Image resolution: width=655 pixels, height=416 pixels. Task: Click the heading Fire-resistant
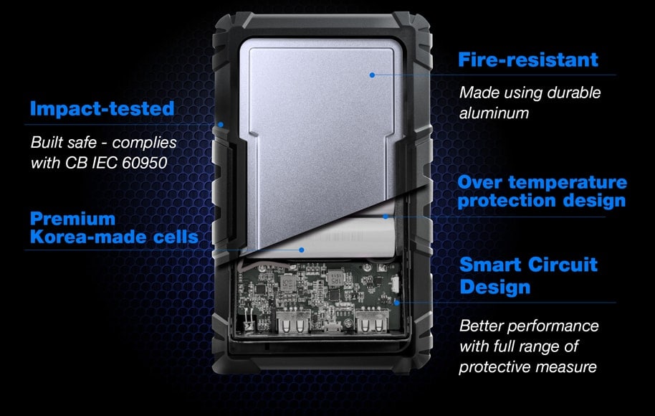coord(528,60)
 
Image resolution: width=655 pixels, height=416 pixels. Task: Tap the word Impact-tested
coord(102,108)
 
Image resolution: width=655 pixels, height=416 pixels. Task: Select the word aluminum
coord(494,113)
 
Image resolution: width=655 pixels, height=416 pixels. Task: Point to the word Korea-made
coord(88,237)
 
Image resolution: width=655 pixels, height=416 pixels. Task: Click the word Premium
coord(72,219)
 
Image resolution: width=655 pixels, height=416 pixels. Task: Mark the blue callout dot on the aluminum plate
coord(372,75)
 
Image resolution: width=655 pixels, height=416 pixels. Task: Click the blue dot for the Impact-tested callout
coord(221,125)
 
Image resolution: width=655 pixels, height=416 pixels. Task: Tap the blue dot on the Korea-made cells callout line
coord(302,250)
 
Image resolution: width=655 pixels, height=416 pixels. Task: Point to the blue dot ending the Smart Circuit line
coord(397,303)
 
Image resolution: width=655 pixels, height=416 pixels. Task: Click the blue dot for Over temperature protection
coord(386,217)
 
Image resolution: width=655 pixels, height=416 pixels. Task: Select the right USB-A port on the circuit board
coord(372,322)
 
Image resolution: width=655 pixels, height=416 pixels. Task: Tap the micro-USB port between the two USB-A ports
coord(332,326)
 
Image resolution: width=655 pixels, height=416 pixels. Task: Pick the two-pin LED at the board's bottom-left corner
coord(248,322)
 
